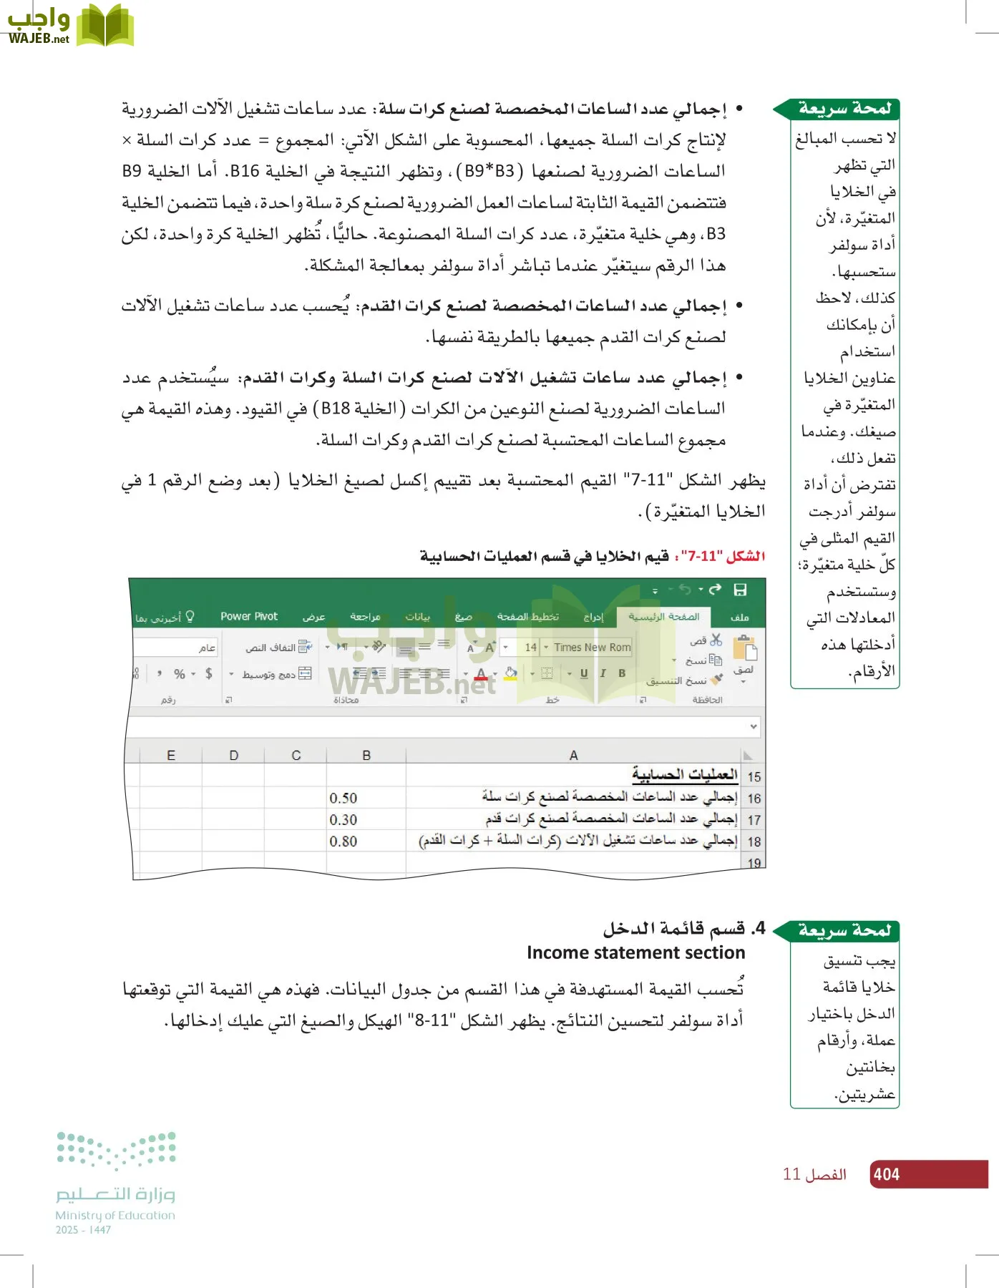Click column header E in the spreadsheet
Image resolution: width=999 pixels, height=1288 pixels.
click(x=170, y=755)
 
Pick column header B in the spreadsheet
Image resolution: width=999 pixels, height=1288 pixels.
click(x=366, y=755)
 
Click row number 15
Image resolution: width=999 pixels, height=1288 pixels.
click(x=754, y=776)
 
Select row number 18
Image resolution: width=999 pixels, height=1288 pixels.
click(x=754, y=841)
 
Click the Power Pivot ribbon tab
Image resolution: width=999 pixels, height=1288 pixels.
click(x=248, y=616)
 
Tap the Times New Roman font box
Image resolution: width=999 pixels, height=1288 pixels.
click(x=591, y=647)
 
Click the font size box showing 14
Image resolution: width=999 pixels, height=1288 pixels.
click(x=530, y=647)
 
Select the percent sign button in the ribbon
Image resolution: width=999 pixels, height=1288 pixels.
click(x=180, y=673)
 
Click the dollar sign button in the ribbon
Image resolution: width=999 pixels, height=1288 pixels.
click(x=208, y=673)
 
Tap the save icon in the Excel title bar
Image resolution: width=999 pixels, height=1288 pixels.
click(x=740, y=590)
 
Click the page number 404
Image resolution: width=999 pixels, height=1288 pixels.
click(x=886, y=1174)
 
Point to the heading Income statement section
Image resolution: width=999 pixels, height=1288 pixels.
click(x=635, y=952)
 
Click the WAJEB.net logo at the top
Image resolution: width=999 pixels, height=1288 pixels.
click(x=70, y=26)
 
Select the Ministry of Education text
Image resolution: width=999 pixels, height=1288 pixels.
click(x=115, y=1215)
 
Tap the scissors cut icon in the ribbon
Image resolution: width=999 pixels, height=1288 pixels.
click(x=716, y=640)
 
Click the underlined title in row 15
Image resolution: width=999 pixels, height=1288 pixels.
click(x=684, y=775)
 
